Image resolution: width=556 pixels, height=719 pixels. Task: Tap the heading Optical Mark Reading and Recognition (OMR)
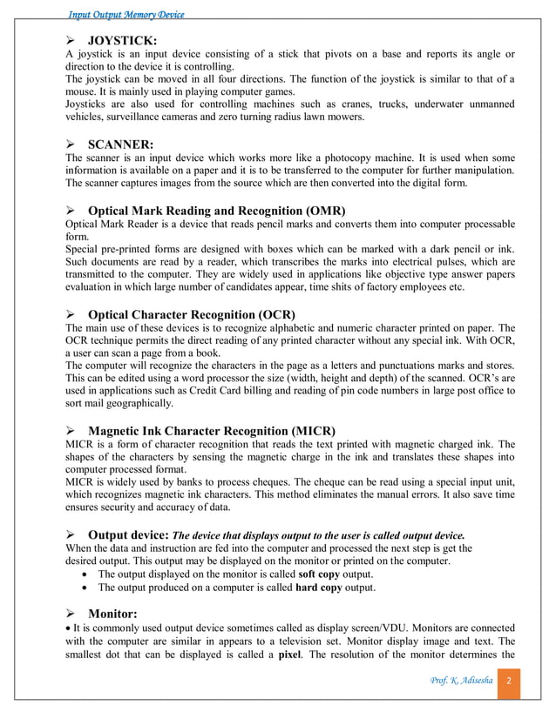coord(217,211)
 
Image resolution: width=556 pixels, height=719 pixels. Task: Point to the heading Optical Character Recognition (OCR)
coord(192,313)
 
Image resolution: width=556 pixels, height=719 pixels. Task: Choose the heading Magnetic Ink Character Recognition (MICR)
coord(212,430)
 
